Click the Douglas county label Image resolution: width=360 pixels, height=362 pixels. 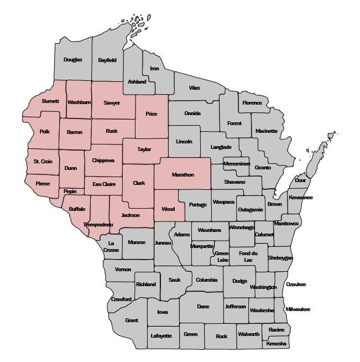tap(72, 60)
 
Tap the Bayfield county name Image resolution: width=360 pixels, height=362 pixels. tap(107, 60)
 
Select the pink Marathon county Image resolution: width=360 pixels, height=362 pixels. tap(182, 174)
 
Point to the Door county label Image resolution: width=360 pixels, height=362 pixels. tap(300, 180)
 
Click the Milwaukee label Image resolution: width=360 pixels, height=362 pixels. tap(298, 309)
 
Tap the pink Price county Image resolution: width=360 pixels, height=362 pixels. tap(151, 114)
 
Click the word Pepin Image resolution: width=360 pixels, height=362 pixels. tap(70, 192)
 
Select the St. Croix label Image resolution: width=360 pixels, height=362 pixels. tap(43, 162)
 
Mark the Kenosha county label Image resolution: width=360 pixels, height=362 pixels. tap(276, 344)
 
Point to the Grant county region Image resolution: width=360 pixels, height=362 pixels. tap(132, 320)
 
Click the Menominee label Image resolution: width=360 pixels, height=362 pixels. tap(236, 164)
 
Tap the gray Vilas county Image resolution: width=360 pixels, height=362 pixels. tap(195, 88)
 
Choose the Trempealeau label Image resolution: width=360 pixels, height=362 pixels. tap(98, 225)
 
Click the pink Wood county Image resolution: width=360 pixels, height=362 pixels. tap(168, 209)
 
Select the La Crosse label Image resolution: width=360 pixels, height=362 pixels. tap(111, 246)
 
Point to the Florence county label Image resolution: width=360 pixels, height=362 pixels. tap(252, 103)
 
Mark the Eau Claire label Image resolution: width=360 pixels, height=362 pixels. tap(104, 184)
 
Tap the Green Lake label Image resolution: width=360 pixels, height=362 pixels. tap(222, 256)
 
